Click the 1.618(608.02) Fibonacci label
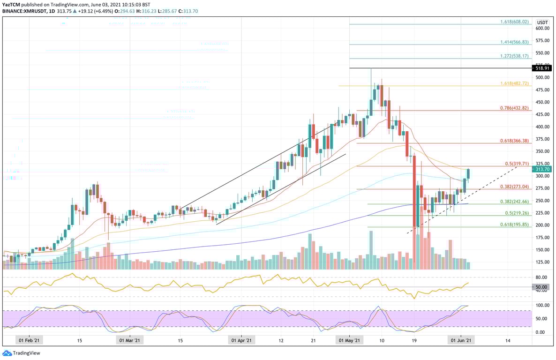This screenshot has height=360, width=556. click(x=514, y=22)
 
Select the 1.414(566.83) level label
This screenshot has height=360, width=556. click(x=514, y=42)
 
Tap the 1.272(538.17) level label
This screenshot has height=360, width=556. click(x=514, y=56)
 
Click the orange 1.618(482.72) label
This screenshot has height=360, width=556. click(x=514, y=83)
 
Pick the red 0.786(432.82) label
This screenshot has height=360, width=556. click(x=514, y=108)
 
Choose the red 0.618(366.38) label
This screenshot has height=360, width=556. click(x=514, y=141)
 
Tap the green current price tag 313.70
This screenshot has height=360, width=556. click(x=542, y=169)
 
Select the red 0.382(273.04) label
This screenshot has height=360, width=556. click(x=514, y=187)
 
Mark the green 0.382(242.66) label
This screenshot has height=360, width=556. click(x=514, y=202)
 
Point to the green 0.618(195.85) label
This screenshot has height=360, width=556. click(x=514, y=225)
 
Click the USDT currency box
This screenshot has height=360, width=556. click(x=542, y=22)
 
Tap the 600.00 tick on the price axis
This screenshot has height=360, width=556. click(x=542, y=29)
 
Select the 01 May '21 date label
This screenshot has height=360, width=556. click(x=349, y=341)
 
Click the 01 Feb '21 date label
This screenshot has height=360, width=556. click(x=29, y=341)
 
